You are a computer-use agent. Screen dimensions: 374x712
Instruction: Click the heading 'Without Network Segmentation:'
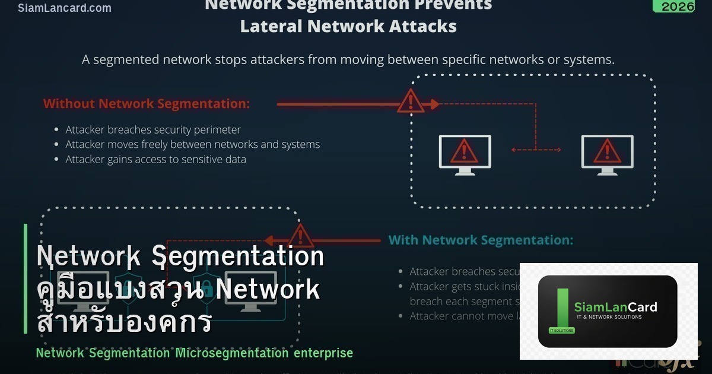point(147,104)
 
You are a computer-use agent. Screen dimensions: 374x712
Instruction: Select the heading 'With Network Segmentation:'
point(481,240)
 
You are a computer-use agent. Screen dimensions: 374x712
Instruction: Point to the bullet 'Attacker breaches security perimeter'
point(153,129)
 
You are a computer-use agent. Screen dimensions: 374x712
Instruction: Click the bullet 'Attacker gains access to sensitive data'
point(155,159)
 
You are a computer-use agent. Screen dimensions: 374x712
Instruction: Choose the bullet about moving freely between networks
point(192,144)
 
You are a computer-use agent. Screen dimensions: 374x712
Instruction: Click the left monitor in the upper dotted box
point(465,154)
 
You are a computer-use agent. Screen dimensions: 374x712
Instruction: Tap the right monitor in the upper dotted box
point(607,154)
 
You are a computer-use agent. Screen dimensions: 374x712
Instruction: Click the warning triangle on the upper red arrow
point(410,102)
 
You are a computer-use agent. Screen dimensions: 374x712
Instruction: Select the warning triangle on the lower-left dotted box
point(301,236)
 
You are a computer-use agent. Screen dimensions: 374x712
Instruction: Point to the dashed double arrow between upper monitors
point(536,150)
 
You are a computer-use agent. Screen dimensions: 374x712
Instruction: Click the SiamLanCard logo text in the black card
point(615,307)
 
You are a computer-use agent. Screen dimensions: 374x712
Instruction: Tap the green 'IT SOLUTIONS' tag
point(561,330)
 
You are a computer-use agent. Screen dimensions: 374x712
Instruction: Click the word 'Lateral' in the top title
point(271,26)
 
